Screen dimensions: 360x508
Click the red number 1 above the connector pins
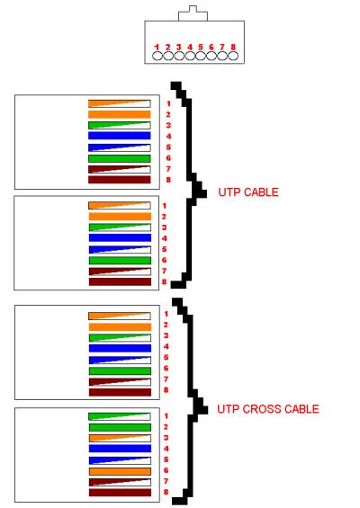coord(157,48)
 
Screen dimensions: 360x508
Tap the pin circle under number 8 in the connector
coord(233,56)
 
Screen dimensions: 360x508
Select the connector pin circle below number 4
coord(190,56)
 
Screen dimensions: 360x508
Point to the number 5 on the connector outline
coord(201,48)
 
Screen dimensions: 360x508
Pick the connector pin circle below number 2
coord(168,56)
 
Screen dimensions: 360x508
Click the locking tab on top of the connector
coord(193,13)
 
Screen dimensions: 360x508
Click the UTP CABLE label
coord(248,192)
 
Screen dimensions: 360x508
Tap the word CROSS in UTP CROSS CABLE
coord(262,409)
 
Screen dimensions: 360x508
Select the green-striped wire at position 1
coord(120,416)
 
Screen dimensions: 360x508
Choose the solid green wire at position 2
coord(120,427)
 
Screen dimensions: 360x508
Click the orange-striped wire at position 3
coord(120,438)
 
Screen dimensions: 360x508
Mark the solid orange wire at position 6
coord(120,471)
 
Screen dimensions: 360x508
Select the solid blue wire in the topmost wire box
coord(120,136)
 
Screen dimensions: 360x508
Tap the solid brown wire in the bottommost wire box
coord(120,493)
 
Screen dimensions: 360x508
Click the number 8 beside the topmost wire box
coord(168,180)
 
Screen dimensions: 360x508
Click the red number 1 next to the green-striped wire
coord(166,416)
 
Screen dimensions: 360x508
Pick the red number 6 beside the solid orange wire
coord(166,470)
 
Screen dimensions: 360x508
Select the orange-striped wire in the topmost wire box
coord(120,103)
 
